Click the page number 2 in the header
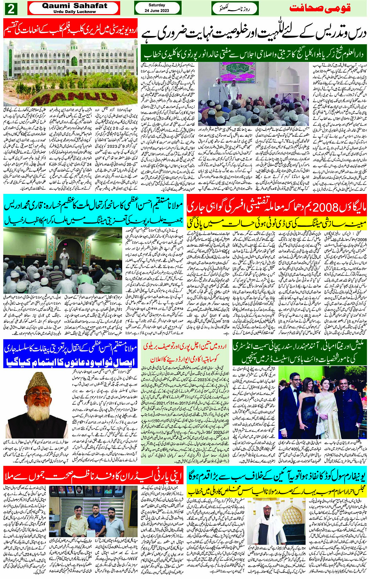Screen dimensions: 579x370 [11, 8]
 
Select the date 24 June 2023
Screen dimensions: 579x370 [157, 11]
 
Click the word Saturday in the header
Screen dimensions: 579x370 [157, 5]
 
